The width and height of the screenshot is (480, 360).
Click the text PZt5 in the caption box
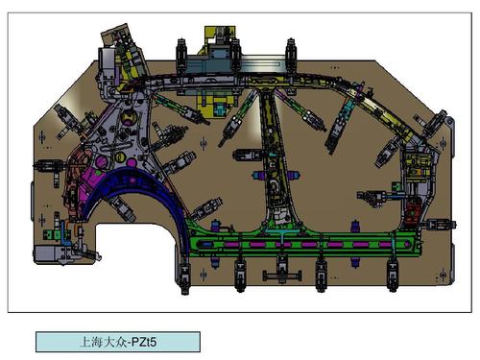click(144, 342)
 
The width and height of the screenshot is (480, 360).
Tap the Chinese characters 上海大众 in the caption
click(104, 342)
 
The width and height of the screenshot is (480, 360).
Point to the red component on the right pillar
click(413, 211)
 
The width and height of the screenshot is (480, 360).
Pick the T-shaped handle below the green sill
click(282, 275)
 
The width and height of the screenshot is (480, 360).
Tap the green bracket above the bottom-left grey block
click(52, 234)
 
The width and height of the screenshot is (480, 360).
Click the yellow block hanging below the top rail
click(217, 104)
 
